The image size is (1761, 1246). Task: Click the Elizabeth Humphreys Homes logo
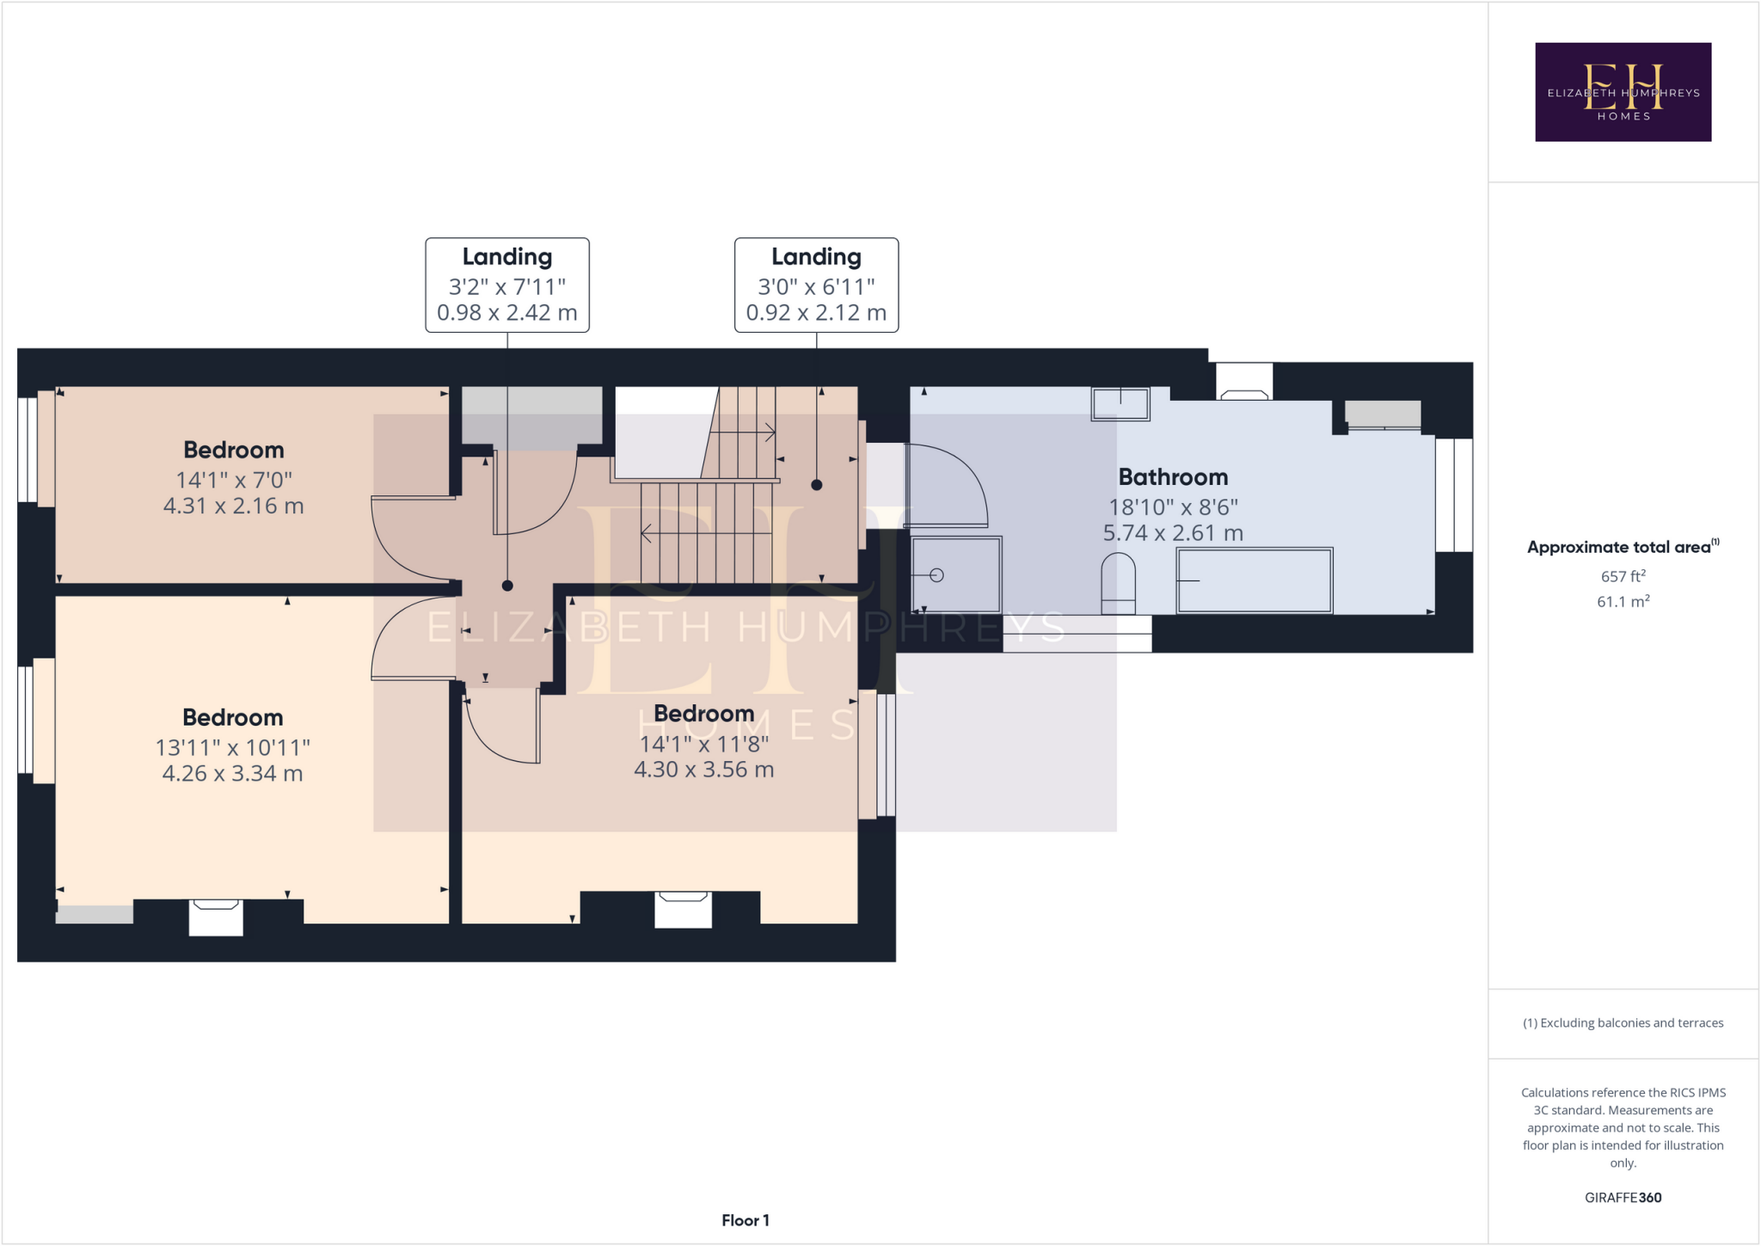[x=1623, y=92]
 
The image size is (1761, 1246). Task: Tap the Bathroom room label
[x=1173, y=477]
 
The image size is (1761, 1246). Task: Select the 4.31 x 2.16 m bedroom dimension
[x=233, y=506]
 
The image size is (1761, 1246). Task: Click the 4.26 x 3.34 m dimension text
[x=232, y=773]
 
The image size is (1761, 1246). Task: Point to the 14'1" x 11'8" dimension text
[x=703, y=744]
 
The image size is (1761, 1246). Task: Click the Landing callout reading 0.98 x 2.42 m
[x=507, y=285]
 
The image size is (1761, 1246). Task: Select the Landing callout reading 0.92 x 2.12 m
[x=816, y=285]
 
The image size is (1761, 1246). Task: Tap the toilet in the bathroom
[x=1118, y=583]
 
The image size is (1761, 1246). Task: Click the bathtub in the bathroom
[x=1254, y=581]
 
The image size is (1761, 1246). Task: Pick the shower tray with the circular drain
[x=955, y=574]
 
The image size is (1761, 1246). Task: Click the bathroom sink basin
[x=1120, y=403]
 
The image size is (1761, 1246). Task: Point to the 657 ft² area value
[x=1623, y=576]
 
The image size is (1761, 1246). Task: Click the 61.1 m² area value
[x=1623, y=602]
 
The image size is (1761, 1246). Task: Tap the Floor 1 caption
[x=745, y=1220]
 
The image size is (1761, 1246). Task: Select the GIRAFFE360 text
[x=1623, y=1197]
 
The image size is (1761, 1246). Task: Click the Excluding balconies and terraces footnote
[x=1623, y=1022]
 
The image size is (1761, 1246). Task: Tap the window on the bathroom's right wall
[x=1454, y=495]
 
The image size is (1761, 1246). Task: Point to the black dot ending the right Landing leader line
[x=817, y=485]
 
